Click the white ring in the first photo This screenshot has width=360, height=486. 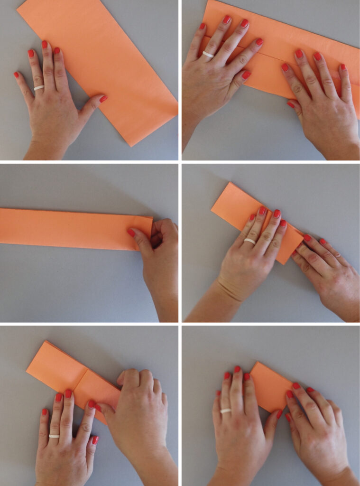coord(39,88)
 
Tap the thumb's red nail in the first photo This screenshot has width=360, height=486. coord(103,99)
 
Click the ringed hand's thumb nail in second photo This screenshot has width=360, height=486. coord(246,75)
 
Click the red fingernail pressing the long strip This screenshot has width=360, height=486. coord(131,233)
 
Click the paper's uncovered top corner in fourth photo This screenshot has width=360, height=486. coord(230,183)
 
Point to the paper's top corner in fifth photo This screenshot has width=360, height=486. coord(46,342)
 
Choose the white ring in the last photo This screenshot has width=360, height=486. coord(226,411)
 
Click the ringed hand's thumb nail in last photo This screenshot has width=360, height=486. coord(279,414)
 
